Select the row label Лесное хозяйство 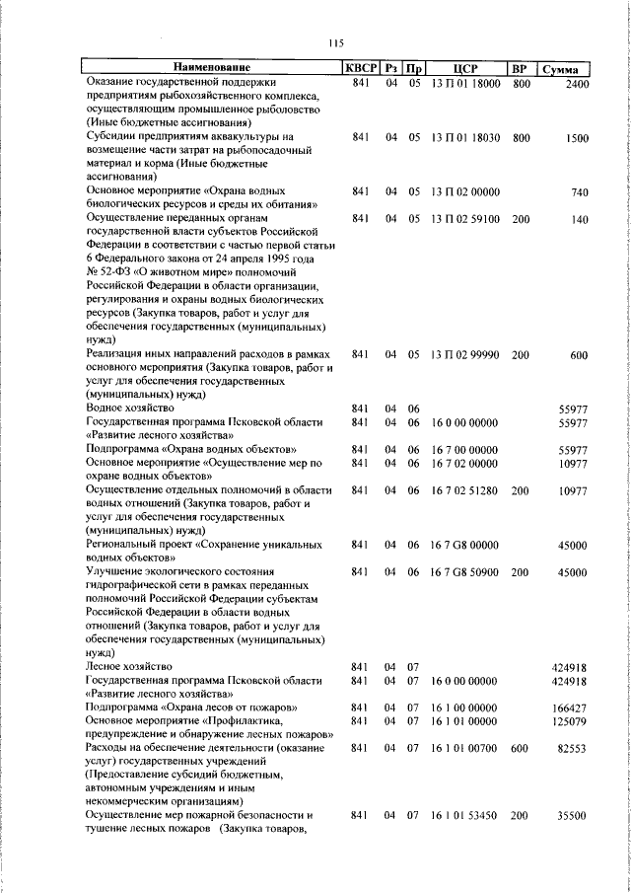131,667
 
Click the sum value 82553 573,749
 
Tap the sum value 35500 573,816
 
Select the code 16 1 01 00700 465,749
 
